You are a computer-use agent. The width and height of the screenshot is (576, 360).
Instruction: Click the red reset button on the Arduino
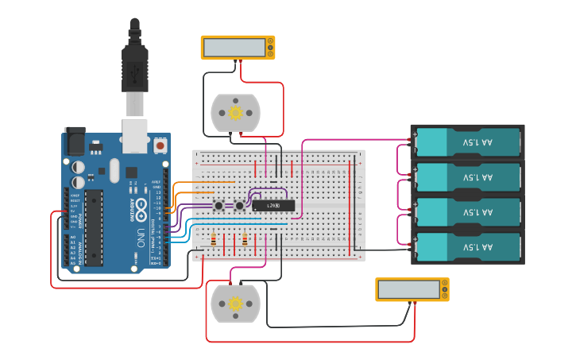pos(160,146)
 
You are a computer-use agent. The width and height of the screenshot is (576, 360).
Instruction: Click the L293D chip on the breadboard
pos(273,206)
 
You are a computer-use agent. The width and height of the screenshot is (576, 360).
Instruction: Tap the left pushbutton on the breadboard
pos(218,207)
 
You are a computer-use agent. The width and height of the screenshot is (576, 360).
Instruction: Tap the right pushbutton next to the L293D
pos(239,207)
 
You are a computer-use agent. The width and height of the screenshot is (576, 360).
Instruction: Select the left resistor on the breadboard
pos(213,239)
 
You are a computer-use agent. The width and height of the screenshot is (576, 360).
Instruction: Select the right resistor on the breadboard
pos(245,239)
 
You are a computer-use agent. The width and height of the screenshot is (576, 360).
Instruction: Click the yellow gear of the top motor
pos(235,113)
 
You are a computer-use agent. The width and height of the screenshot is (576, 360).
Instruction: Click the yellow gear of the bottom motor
pos(235,304)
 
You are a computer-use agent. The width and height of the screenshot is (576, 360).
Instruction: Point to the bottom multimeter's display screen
pos(408,290)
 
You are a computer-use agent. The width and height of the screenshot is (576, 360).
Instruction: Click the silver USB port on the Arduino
pos(135,135)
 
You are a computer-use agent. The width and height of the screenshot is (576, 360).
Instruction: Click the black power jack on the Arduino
pos(75,141)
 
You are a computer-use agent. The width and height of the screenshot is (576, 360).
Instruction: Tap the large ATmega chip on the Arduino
pos(95,227)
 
